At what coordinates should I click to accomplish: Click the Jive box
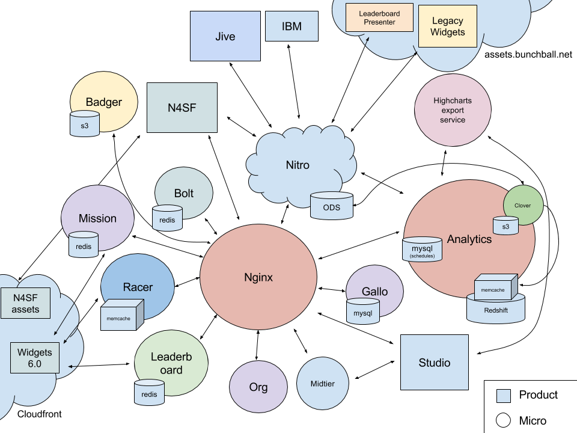(225, 36)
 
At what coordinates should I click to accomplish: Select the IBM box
(292, 26)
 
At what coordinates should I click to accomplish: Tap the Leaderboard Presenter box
(380, 18)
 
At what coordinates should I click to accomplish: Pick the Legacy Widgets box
(448, 26)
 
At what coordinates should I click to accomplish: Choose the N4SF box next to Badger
(182, 108)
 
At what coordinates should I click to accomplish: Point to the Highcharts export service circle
(453, 110)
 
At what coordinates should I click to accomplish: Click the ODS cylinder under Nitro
(331, 206)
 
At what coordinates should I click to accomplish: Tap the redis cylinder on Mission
(83, 245)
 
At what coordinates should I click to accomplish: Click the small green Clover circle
(523, 205)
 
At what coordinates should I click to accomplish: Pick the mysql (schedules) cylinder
(422, 250)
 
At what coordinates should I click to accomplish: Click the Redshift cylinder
(496, 310)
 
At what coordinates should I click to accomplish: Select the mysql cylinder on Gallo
(362, 313)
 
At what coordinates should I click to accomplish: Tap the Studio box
(435, 363)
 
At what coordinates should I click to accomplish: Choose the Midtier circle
(323, 383)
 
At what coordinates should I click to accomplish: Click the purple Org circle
(258, 387)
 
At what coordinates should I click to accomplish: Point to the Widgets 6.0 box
(34, 358)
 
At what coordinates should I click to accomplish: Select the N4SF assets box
(25, 304)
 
